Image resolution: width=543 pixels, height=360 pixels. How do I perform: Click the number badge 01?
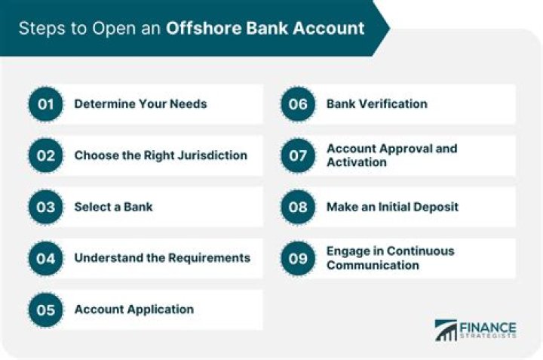point(47,104)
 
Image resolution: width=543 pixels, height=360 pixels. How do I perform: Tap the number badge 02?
point(47,155)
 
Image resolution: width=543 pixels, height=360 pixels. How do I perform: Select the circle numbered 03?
point(47,207)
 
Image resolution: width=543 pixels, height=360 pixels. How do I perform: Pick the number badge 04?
point(47,258)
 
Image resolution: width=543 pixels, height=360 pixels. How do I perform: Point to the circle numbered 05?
point(47,309)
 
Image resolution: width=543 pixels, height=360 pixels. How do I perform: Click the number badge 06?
point(299,104)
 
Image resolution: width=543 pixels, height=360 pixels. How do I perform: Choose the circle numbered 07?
point(299,155)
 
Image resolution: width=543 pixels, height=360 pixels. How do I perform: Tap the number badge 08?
point(299,207)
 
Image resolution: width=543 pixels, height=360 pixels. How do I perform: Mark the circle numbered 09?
point(299,258)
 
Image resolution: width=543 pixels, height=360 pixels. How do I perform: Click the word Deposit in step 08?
point(434,207)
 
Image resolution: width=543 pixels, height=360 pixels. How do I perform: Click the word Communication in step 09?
point(373,265)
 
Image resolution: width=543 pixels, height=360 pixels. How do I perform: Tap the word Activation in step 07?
point(356,162)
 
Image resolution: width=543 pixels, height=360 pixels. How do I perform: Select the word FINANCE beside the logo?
point(488,328)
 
